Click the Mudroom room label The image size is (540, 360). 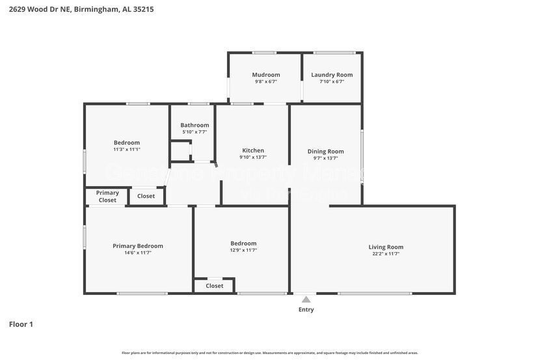[266, 75]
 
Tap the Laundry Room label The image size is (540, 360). [332, 75]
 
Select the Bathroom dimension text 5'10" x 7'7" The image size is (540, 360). [195, 132]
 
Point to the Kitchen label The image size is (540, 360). [253, 150]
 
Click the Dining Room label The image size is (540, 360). [326, 152]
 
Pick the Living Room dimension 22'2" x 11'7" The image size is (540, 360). [386, 254]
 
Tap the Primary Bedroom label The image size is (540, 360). [138, 246]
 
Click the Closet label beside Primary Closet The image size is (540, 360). [146, 196]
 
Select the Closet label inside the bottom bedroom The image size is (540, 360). [215, 286]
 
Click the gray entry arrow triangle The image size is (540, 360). [306, 299]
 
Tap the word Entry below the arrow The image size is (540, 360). [306, 310]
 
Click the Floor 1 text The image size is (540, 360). [21, 324]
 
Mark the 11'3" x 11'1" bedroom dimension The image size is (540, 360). [127, 150]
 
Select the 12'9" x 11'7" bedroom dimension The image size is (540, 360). [243, 251]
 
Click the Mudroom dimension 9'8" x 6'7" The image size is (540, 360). [266, 82]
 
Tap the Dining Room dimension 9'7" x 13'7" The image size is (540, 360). [326, 158]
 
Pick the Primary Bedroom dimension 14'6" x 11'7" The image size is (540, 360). [138, 253]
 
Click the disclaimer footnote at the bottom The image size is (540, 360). [270, 353]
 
